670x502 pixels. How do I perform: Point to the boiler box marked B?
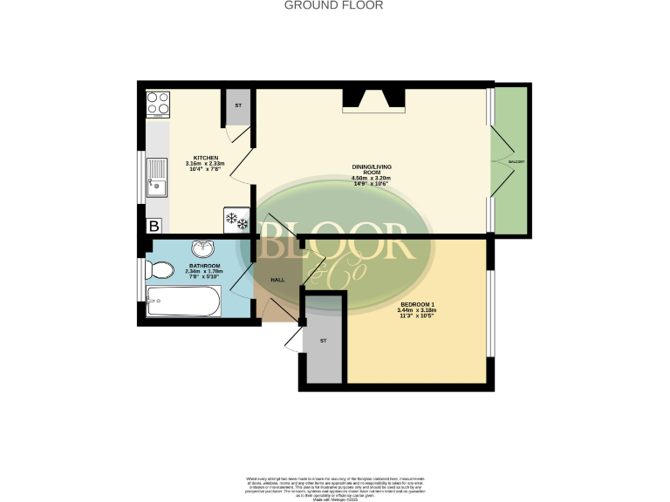coord(154,227)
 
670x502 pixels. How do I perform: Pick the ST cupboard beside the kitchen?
coord(238,108)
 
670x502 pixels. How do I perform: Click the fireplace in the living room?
coord(373,98)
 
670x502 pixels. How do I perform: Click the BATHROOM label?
coord(205,265)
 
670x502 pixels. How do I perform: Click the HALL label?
coord(277,280)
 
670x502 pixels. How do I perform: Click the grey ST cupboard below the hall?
coord(325,341)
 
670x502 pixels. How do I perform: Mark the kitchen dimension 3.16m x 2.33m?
coord(205,163)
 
